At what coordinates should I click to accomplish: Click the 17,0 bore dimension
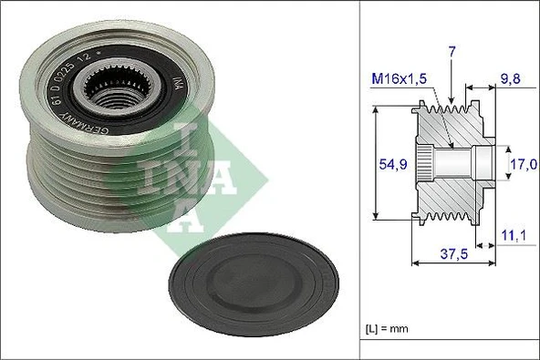point(522,166)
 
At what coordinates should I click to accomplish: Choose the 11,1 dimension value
point(513,236)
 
